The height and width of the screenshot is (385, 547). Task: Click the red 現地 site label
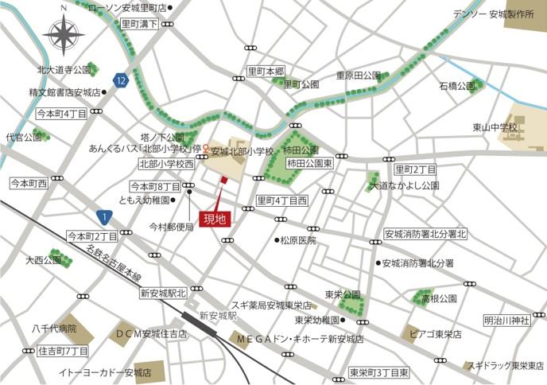point(215,218)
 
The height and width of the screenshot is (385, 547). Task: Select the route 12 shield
point(120,80)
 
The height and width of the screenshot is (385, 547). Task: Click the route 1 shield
point(103,216)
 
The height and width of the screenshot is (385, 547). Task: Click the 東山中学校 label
point(495,127)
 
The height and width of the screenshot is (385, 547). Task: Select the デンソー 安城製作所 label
point(492,14)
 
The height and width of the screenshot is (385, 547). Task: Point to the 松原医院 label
point(298,240)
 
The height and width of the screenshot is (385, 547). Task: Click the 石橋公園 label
point(456,85)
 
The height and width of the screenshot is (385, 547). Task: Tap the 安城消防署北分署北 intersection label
point(426,234)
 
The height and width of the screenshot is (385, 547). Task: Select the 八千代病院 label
point(54,328)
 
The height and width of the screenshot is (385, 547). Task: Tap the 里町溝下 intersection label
point(140,25)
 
